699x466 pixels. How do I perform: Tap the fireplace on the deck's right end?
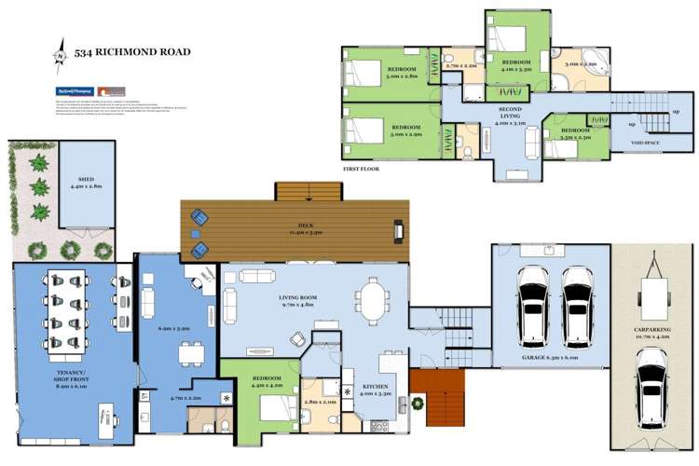coord(399,228)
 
